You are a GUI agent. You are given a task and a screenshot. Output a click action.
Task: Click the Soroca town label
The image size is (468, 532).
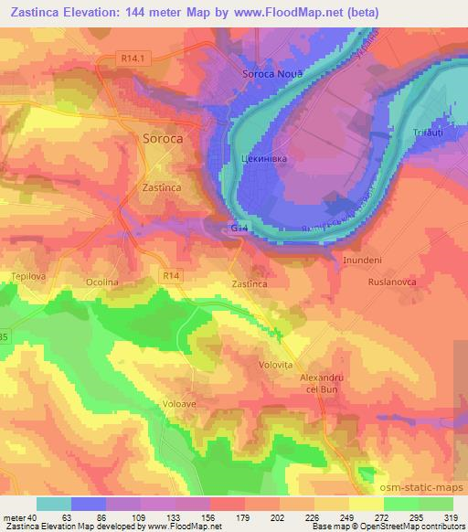165,140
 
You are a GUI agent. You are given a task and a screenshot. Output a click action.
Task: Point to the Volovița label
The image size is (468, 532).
275,363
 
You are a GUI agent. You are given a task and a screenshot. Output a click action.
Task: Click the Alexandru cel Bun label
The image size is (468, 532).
321,383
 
